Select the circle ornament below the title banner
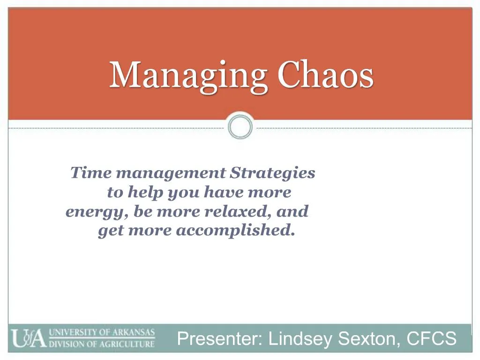tap(240, 127)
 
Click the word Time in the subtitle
tap(91, 173)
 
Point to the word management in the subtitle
tap(171, 173)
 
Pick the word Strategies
tap(273, 173)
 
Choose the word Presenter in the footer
tap(219, 338)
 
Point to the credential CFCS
tap(431, 338)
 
